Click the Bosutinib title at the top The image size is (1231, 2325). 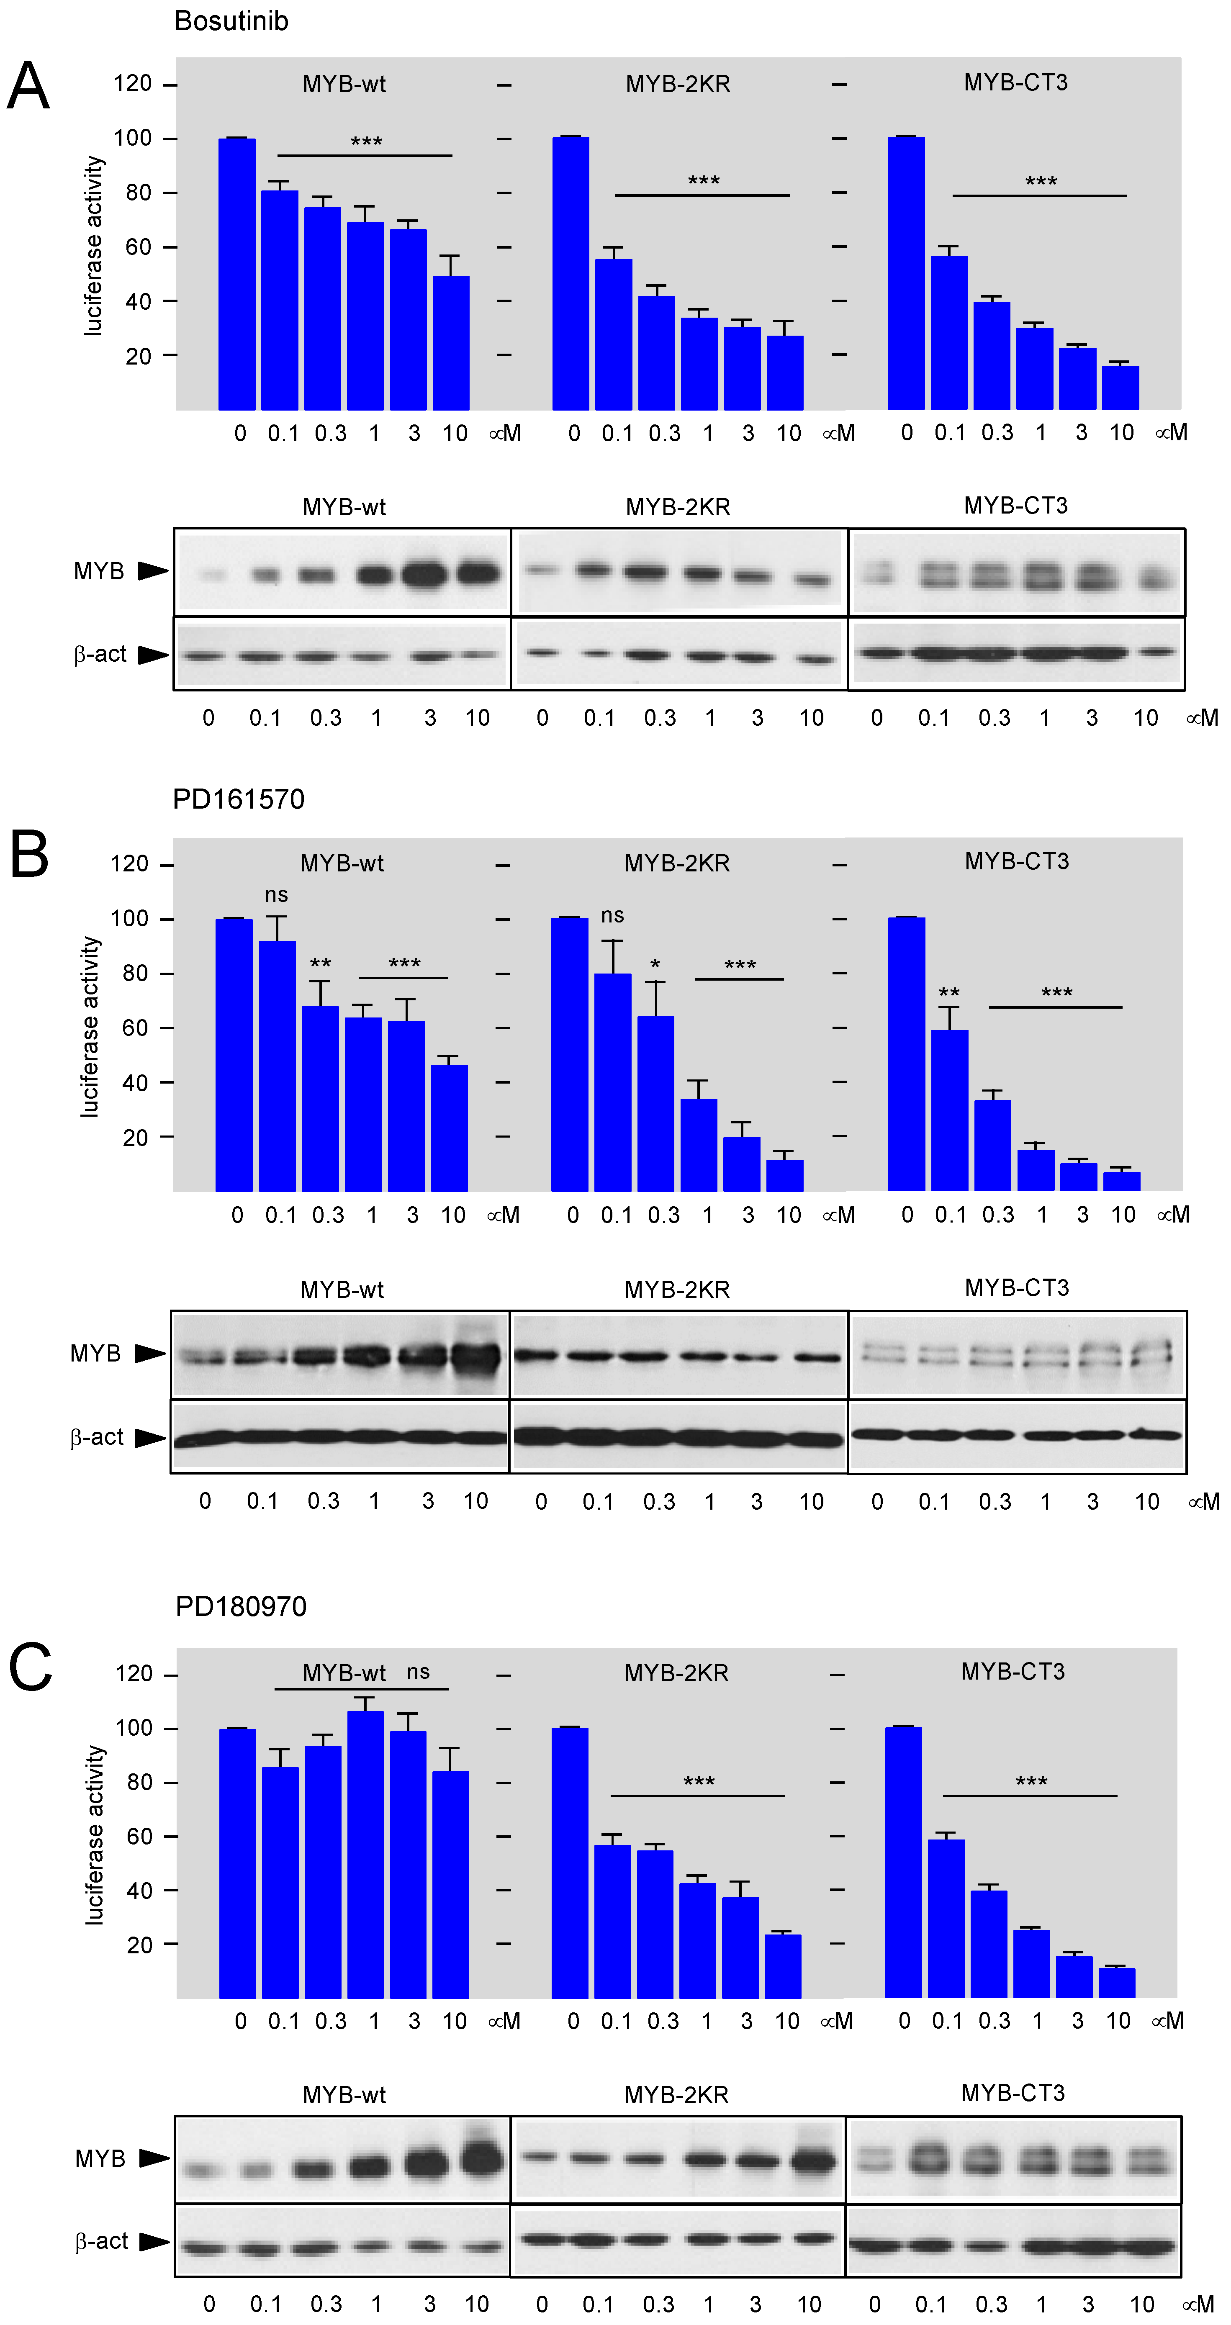point(231,21)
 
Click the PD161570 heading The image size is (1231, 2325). point(238,799)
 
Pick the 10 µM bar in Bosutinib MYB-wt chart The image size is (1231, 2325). point(451,343)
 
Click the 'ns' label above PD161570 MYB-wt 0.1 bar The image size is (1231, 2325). point(276,894)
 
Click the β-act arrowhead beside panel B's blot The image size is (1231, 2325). point(150,1438)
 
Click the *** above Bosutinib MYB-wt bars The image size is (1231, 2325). point(366,142)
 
